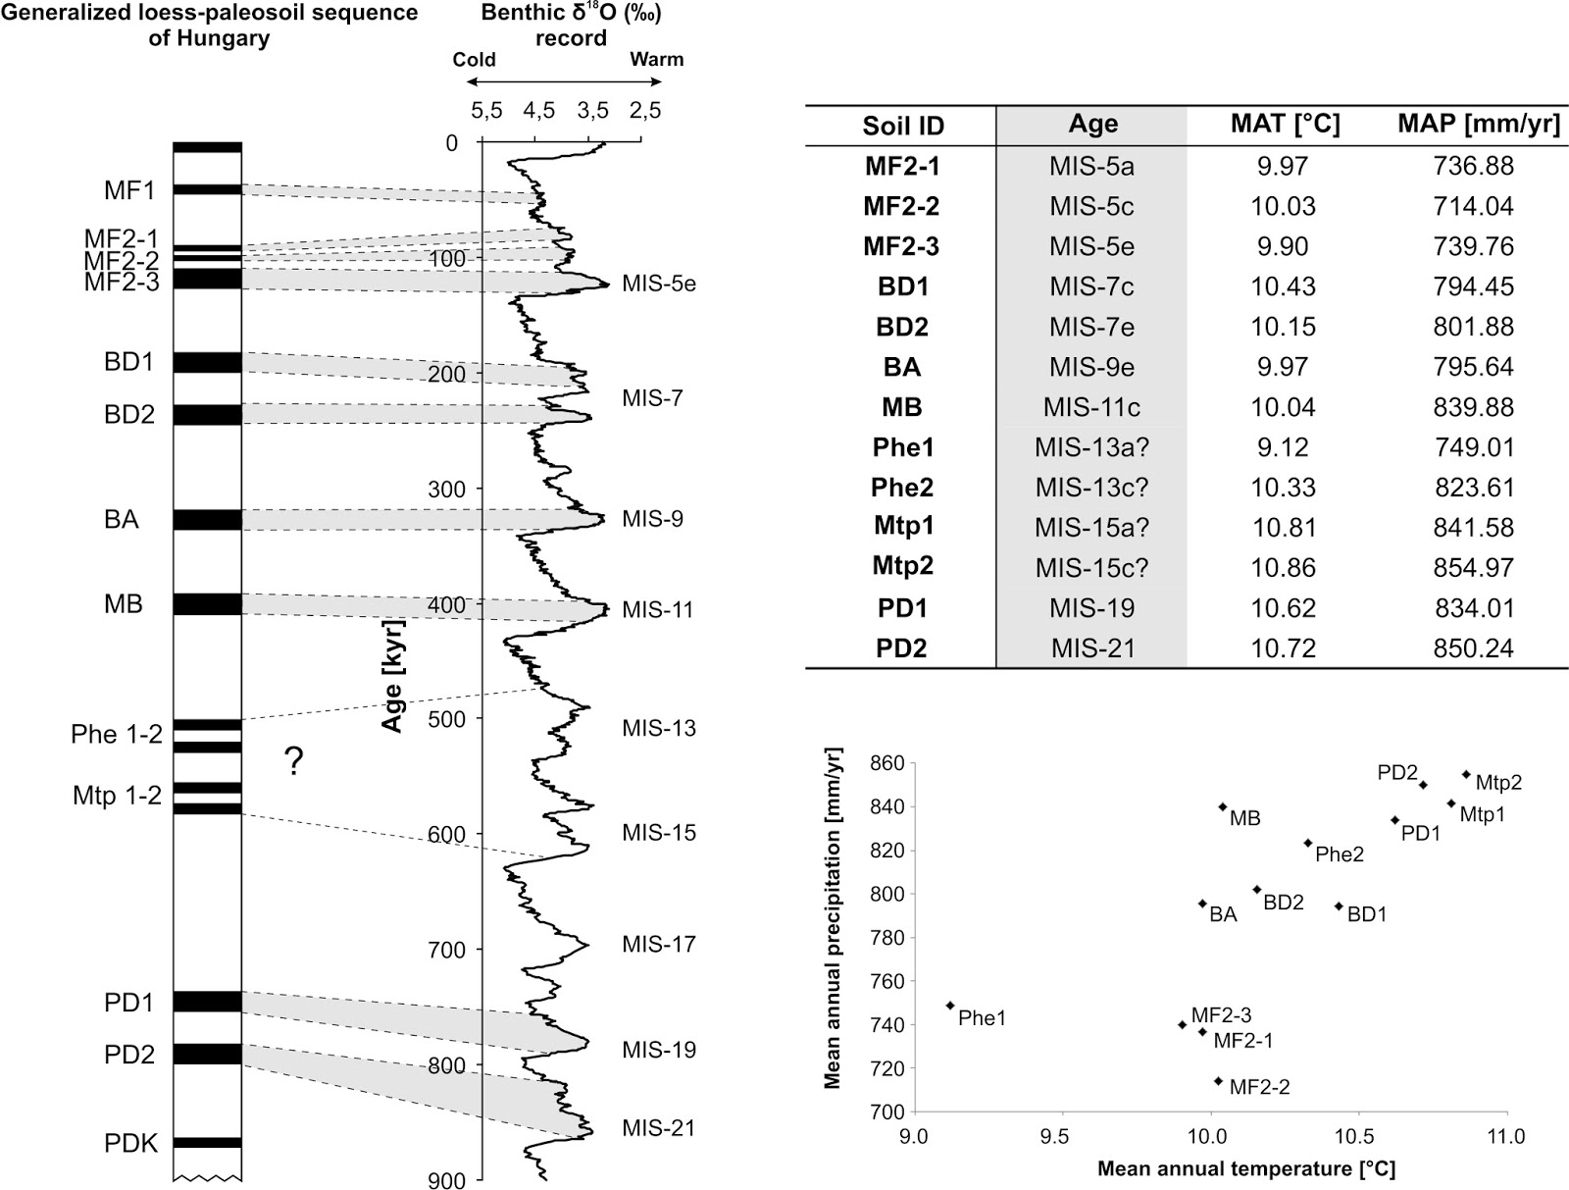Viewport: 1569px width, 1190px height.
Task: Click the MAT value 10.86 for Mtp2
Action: click(1283, 568)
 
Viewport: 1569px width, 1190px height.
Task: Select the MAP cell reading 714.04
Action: click(1474, 206)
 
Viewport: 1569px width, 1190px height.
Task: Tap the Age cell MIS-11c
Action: click(1091, 407)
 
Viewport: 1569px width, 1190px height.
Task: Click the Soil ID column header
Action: click(902, 126)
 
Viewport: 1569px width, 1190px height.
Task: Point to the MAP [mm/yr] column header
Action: click(1478, 125)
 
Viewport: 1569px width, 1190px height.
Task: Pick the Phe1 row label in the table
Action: click(902, 447)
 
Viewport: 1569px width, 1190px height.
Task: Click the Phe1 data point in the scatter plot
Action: click(950, 1006)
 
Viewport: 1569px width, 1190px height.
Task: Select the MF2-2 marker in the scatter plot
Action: click(1219, 1081)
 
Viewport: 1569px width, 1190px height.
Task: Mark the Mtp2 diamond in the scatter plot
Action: click(1466, 774)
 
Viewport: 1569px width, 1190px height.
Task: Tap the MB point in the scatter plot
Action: click(1223, 806)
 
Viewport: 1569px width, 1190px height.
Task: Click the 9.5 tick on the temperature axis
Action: click(1062, 1137)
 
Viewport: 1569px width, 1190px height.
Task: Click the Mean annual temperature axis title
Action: click(1245, 1168)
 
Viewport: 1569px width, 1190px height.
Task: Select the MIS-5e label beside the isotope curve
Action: click(659, 285)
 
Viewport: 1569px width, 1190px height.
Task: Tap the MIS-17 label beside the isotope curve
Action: click(659, 945)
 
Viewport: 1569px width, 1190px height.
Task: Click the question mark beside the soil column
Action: click(293, 761)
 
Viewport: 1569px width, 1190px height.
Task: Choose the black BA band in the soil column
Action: click(207, 519)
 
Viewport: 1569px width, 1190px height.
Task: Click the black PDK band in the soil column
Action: click(207, 1142)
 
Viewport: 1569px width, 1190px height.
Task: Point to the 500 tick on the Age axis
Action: click(447, 719)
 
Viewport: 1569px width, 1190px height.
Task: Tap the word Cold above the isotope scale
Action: click(474, 60)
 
